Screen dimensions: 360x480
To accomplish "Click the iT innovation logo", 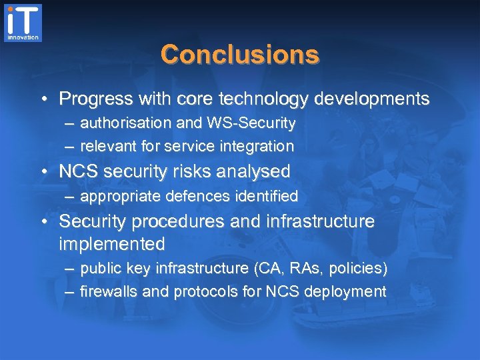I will click(23, 23).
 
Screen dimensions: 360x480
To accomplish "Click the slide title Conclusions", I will click(239, 54).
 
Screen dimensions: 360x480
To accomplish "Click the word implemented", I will click(111, 244).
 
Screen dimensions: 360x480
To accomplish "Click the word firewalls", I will click(107, 291).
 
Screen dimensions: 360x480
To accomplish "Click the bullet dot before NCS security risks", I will click(43, 173).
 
